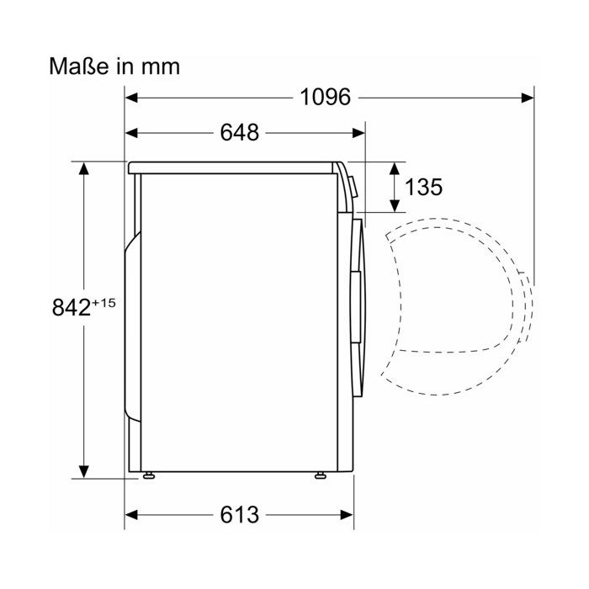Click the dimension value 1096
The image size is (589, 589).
point(326,98)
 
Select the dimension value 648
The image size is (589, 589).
point(240,133)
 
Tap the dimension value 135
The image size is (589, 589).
point(424,187)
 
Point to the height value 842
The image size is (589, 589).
point(71,307)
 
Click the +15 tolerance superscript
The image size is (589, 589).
point(103,303)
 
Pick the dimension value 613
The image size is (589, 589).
point(240,515)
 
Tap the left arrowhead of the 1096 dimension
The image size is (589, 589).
point(131,98)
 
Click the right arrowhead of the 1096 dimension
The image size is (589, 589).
point(528,98)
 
